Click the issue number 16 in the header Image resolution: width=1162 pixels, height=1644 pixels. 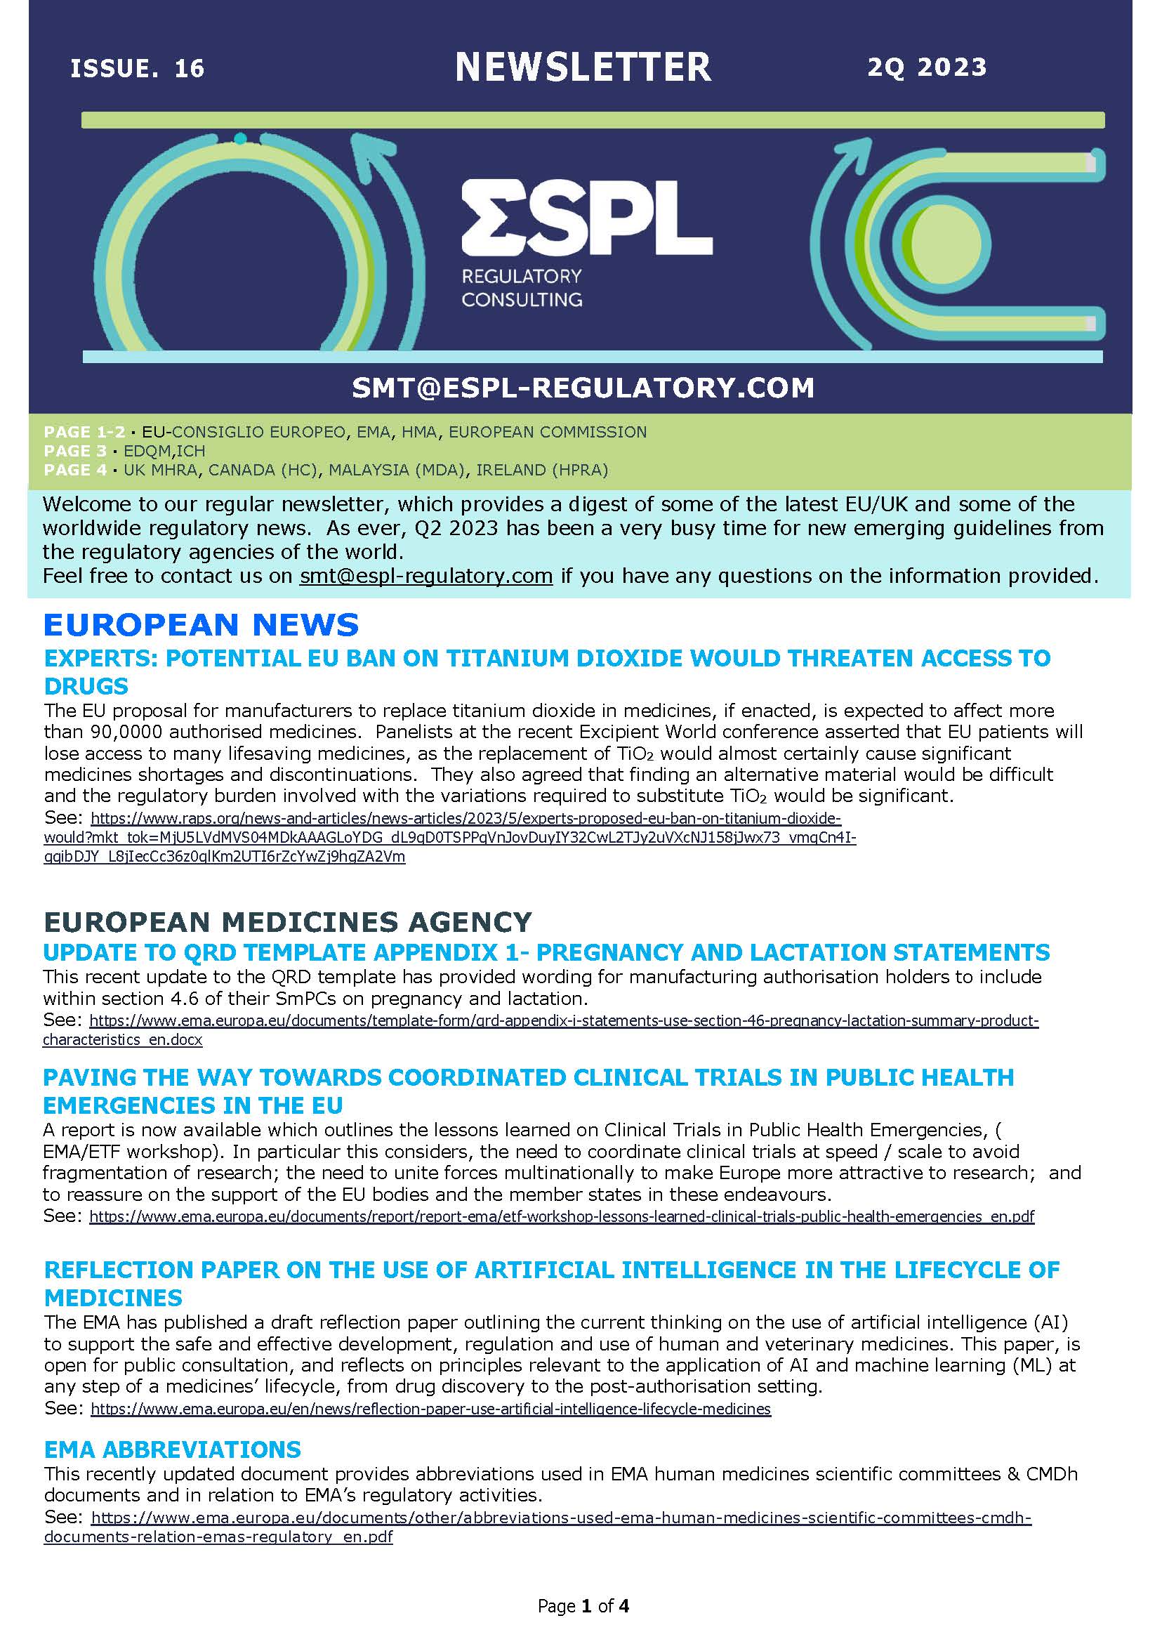pyautogui.click(x=189, y=69)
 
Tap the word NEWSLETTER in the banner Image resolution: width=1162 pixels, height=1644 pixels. pyautogui.click(x=583, y=67)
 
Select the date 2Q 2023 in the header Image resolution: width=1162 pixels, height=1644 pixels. pyautogui.click(x=927, y=67)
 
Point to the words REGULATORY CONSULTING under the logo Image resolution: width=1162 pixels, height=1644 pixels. pyautogui.click(x=521, y=287)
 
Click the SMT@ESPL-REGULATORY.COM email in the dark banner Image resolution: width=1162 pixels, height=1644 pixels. pyautogui.click(x=583, y=388)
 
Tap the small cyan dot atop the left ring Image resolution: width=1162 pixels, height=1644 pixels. pyautogui.click(x=241, y=138)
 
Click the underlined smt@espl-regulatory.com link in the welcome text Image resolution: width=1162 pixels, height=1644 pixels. pyautogui.click(x=426, y=576)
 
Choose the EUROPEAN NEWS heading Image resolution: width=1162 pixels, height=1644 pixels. pyautogui.click(x=202, y=625)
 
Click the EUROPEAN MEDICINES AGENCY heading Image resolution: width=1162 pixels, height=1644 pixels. pyautogui.click(x=288, y=921)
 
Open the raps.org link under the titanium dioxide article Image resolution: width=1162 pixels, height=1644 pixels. pyautogui.click(x=466, y=818)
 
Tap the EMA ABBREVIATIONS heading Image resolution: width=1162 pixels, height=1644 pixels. pyautogui.click(x=173, y=1450)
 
